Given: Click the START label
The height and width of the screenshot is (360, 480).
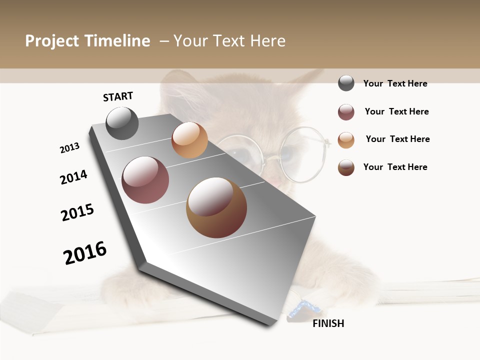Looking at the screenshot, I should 118,96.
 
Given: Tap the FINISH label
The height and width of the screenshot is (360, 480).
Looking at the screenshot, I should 328,323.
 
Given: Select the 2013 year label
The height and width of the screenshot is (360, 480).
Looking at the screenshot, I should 69,148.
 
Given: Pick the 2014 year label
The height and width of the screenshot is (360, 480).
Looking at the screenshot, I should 73,177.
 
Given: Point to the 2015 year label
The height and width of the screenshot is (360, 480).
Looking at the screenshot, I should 77,212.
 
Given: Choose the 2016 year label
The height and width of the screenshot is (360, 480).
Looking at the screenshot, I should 85,253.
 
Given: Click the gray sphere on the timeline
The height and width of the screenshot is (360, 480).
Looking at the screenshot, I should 122,123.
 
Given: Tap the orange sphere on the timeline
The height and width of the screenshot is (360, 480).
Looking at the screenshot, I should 189,140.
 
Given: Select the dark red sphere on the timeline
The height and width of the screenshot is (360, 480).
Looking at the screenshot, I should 145,180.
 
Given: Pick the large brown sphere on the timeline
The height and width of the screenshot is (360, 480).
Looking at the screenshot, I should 216,207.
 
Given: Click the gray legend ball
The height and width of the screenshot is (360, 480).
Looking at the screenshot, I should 346,83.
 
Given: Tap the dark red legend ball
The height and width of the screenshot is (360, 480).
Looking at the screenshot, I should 346,112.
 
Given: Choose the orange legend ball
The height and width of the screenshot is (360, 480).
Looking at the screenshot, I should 346,140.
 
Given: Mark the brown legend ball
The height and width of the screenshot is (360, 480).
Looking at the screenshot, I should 346,167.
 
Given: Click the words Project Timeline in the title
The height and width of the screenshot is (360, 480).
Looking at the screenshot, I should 87,41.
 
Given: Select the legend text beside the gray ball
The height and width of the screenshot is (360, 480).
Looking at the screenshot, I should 395,83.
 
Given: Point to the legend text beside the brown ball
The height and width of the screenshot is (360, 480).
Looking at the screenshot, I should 395,167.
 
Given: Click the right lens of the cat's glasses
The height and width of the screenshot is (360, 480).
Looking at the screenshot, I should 302,154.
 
